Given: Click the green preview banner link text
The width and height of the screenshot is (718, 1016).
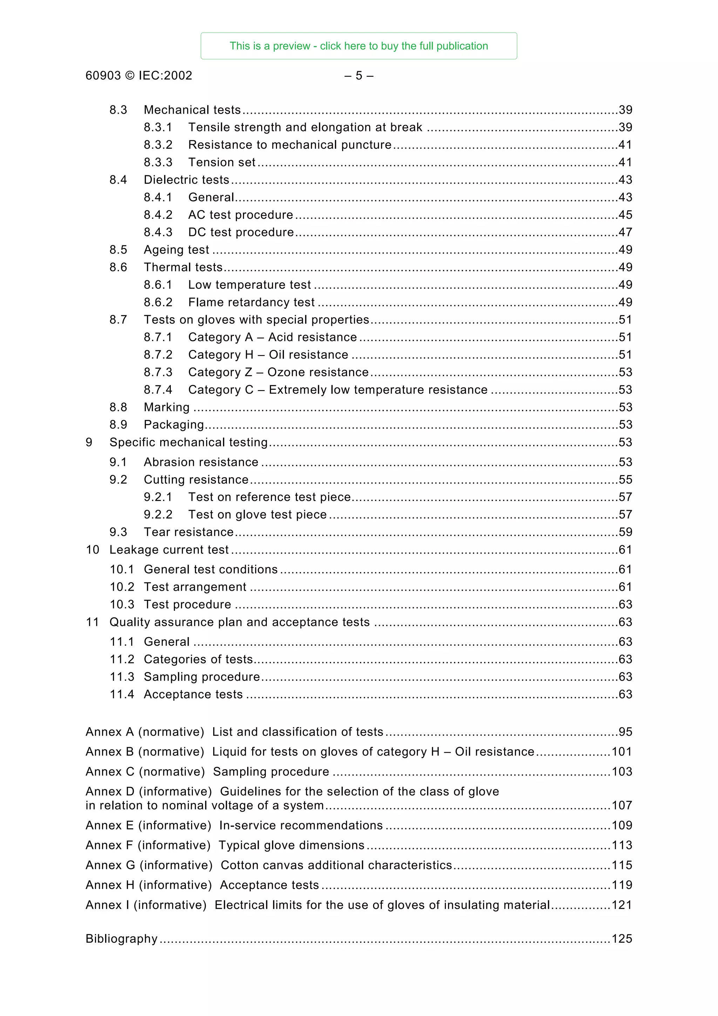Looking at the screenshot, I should pyautogui.click(x=358, y=46).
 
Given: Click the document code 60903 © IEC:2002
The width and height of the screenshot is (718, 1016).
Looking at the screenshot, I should pyautogui.click(x=138, y=76).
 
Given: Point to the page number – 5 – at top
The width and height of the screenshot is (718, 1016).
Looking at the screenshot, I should pyautogui.click(x=359, y=76).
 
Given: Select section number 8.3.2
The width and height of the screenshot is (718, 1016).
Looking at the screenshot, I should pyautogui.click(x=158, y=145).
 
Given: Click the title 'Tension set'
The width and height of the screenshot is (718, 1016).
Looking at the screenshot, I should pyautogui.click(x=222, y=162).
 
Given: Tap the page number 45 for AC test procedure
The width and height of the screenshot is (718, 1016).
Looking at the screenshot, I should pyautogui.click(x=625, y=215).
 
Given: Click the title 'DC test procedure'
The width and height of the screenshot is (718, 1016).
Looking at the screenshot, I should pyautogui.click(x=241, y=232).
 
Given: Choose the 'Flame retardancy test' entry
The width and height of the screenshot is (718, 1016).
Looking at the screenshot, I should pyautogui.click(x=251, y=302).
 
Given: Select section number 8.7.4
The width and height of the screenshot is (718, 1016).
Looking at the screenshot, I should pyautogui.click(x=158, y=390).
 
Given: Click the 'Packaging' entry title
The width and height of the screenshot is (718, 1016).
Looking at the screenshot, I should pyautogui.click(x=174, y=425).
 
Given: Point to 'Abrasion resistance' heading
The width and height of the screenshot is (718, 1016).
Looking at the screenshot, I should pyautogui.click(x=201, y=462).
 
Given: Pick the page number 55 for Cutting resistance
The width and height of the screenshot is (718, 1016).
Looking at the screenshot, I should pyautogui.click(x=625, y=480).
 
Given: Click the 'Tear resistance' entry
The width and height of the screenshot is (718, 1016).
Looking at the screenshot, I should pyautogui.click(x=189, y=532).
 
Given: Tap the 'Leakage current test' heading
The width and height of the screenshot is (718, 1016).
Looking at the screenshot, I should pyautogui.click(x=169, y=550).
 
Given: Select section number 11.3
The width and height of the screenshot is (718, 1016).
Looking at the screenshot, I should pyautogui.click(x=122, y=677).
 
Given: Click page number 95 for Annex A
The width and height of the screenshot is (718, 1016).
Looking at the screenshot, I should pyautogui.click(x=625, y=732).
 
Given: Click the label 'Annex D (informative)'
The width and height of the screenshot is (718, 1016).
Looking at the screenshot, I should pyautogui.click(x=149, y=791).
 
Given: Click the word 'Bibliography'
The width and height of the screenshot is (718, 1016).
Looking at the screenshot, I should pyautogui.click(x=121, y=939).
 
